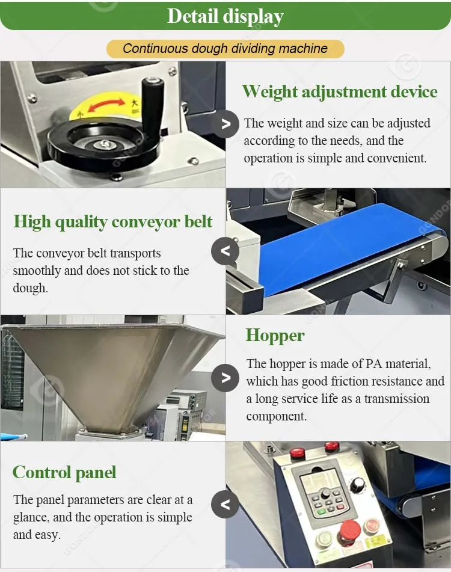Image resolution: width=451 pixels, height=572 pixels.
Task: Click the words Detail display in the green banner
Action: pos(225,16)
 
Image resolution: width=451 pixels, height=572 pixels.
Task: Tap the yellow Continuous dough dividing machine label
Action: pos(225,49)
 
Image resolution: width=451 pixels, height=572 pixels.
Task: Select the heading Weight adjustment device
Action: pos(339,92)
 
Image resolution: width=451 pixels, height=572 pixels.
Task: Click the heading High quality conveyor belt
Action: pos(113,222)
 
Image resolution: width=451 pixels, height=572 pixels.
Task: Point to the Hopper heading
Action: pos(275,335)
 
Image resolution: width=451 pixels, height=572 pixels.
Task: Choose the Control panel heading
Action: pos(64,473)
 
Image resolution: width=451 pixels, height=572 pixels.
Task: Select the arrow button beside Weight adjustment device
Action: pos(226,125)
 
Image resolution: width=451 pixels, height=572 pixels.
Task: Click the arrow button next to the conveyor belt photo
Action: pos(226,251)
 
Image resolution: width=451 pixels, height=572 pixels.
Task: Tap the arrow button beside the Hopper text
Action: pos(226,378)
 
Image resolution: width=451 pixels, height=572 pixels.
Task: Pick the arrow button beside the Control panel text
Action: pos(226,503)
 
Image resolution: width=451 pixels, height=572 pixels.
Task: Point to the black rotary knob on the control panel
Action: pos(358,485)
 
